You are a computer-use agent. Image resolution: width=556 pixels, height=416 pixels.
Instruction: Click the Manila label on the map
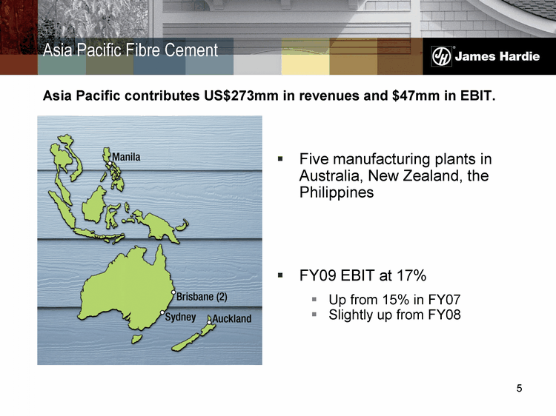pos(126,157)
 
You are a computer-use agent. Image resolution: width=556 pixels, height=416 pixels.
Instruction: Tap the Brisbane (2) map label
pos(202,296)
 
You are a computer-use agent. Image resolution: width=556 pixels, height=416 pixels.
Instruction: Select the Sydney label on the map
pos(180,317)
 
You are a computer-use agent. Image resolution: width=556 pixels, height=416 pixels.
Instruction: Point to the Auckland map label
pos(232,318)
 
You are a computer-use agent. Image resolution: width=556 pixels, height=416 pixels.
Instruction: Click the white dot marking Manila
pos(110,163)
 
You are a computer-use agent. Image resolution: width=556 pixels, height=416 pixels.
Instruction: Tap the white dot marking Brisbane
pos(173,292)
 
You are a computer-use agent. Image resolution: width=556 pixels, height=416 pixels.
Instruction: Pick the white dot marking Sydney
pos(162,312)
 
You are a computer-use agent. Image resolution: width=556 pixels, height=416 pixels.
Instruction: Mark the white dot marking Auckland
pos(209,322)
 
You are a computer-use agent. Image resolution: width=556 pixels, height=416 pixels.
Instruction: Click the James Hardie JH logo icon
pos(442,56)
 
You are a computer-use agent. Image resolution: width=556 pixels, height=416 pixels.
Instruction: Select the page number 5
pos(519,389)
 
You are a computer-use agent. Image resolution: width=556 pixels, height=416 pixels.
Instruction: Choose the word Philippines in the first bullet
pos(337,192)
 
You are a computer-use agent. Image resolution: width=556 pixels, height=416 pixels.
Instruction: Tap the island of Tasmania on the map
pos(136,339)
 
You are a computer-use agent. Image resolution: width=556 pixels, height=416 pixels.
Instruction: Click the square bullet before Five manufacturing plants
pos(280,158)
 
